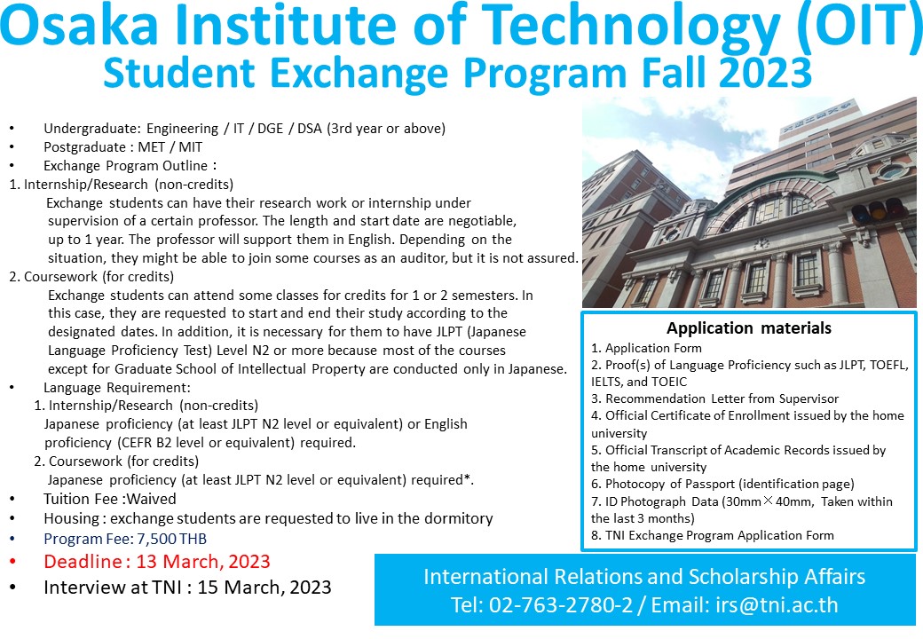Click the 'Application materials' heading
click(749, 328)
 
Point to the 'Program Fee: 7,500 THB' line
click(125, 539)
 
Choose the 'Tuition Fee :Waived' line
click(110, 499)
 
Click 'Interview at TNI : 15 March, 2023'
click(187, 587)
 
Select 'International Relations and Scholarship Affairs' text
click(643, 577)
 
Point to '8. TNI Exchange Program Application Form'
click(713, 535)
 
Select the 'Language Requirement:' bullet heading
click(117, 388)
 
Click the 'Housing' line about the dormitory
click(268, 518)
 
